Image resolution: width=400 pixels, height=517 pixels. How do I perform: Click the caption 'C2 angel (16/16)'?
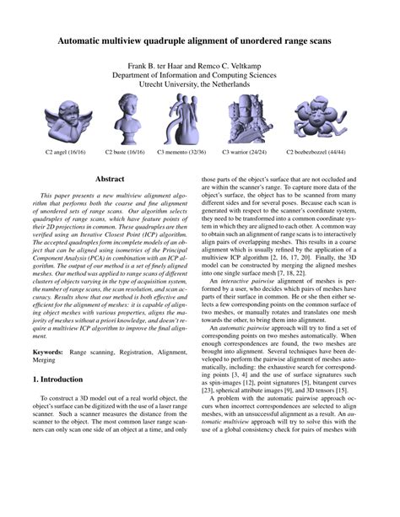66,153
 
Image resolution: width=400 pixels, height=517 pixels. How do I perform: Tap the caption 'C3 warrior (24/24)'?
243,153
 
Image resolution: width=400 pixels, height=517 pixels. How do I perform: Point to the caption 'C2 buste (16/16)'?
124,153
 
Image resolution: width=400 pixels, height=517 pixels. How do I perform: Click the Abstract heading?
111,180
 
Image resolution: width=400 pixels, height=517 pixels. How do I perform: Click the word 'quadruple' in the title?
175,40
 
